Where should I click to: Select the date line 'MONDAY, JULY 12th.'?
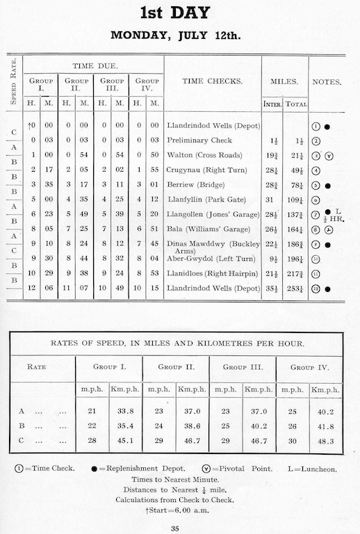(180, 35)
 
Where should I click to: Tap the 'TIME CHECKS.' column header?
(212, 81)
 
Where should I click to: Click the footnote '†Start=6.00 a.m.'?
(179, 510)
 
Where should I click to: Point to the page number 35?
(179, 530)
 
